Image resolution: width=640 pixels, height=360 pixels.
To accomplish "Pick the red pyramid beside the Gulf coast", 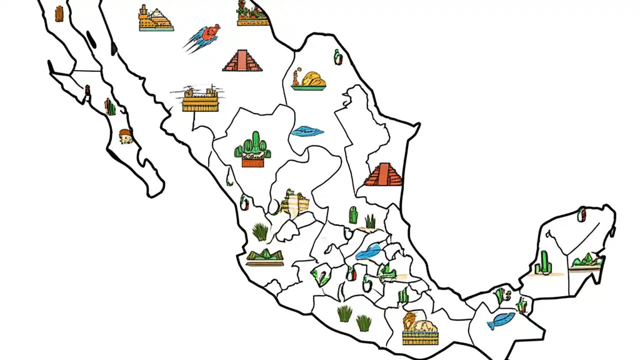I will [383, 174].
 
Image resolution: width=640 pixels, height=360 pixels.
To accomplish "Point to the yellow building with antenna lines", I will [200, 98].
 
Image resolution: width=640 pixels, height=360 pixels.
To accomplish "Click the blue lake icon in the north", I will [307, 131].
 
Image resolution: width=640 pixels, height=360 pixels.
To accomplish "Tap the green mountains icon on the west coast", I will [264, 257].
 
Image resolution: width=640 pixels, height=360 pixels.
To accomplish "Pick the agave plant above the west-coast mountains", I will [260, 231].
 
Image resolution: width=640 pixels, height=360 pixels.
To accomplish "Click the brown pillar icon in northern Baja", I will [59, 13].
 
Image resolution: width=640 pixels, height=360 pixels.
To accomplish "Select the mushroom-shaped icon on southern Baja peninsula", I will [125, 136].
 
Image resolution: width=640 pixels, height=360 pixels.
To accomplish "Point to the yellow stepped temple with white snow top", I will [156, 19].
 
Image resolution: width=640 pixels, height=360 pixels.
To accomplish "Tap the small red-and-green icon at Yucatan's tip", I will [582, 214].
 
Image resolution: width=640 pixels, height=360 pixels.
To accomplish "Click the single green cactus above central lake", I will [353, 215].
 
